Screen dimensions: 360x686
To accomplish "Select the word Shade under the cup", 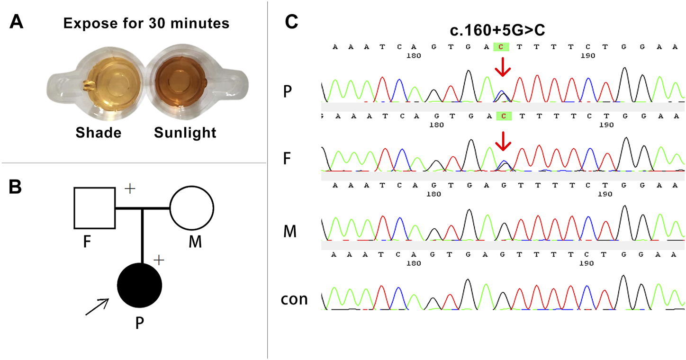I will click(98, 133).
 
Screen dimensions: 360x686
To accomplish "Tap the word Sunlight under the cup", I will click(185, 133).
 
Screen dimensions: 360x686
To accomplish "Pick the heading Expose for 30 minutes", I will click(146, 23).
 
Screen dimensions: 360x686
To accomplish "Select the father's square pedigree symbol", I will click(94, 207).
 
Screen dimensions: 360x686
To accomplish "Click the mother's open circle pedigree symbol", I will click(192, 207).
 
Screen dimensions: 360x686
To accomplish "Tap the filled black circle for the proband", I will click(140, 286).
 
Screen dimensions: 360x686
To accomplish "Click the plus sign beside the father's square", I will click(130, 189).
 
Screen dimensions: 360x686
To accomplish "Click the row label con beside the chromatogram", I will click(294, 299).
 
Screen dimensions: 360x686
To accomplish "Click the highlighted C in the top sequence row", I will click(502, 46).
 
